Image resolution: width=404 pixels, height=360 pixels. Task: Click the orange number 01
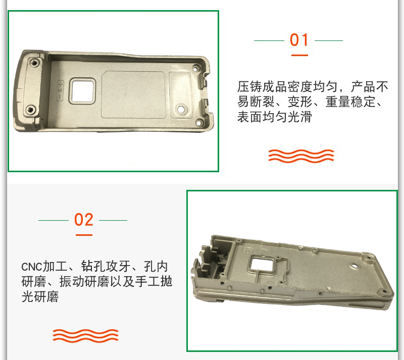tap(299, 40)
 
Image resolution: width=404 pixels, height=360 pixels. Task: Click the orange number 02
tap(84, 220)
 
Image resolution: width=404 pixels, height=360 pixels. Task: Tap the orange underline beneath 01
tap(299, 55)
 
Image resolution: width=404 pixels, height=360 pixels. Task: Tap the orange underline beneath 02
tap(84, 235)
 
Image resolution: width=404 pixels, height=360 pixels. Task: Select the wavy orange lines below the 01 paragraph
tap(301, 156)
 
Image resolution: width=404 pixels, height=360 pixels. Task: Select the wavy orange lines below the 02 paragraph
tap(85, 336)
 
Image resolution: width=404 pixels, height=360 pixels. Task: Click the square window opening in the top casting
tap(82, 91)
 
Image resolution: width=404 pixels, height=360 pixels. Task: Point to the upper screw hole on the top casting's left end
tap(34, 63)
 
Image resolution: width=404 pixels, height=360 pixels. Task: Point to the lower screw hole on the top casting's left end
tap(31, 110)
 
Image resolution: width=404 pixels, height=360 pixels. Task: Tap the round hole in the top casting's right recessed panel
tap(181, 109)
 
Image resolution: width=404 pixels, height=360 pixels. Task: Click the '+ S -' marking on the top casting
tap(60, 90)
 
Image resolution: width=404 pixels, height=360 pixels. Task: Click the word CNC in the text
tap(31, 267)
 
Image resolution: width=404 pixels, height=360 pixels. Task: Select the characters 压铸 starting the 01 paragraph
tap(249, 86)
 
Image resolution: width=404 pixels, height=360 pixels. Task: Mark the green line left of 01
tap(269, 40)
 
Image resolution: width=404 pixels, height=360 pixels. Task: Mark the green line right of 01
tap(329, 40)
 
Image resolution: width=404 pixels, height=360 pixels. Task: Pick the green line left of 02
tap(54, 220)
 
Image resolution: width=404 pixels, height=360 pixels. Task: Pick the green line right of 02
tap(113, 220)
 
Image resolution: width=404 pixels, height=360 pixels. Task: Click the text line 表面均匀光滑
tap(274, 117)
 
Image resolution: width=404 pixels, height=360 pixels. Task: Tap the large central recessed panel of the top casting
tap(133, 94)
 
